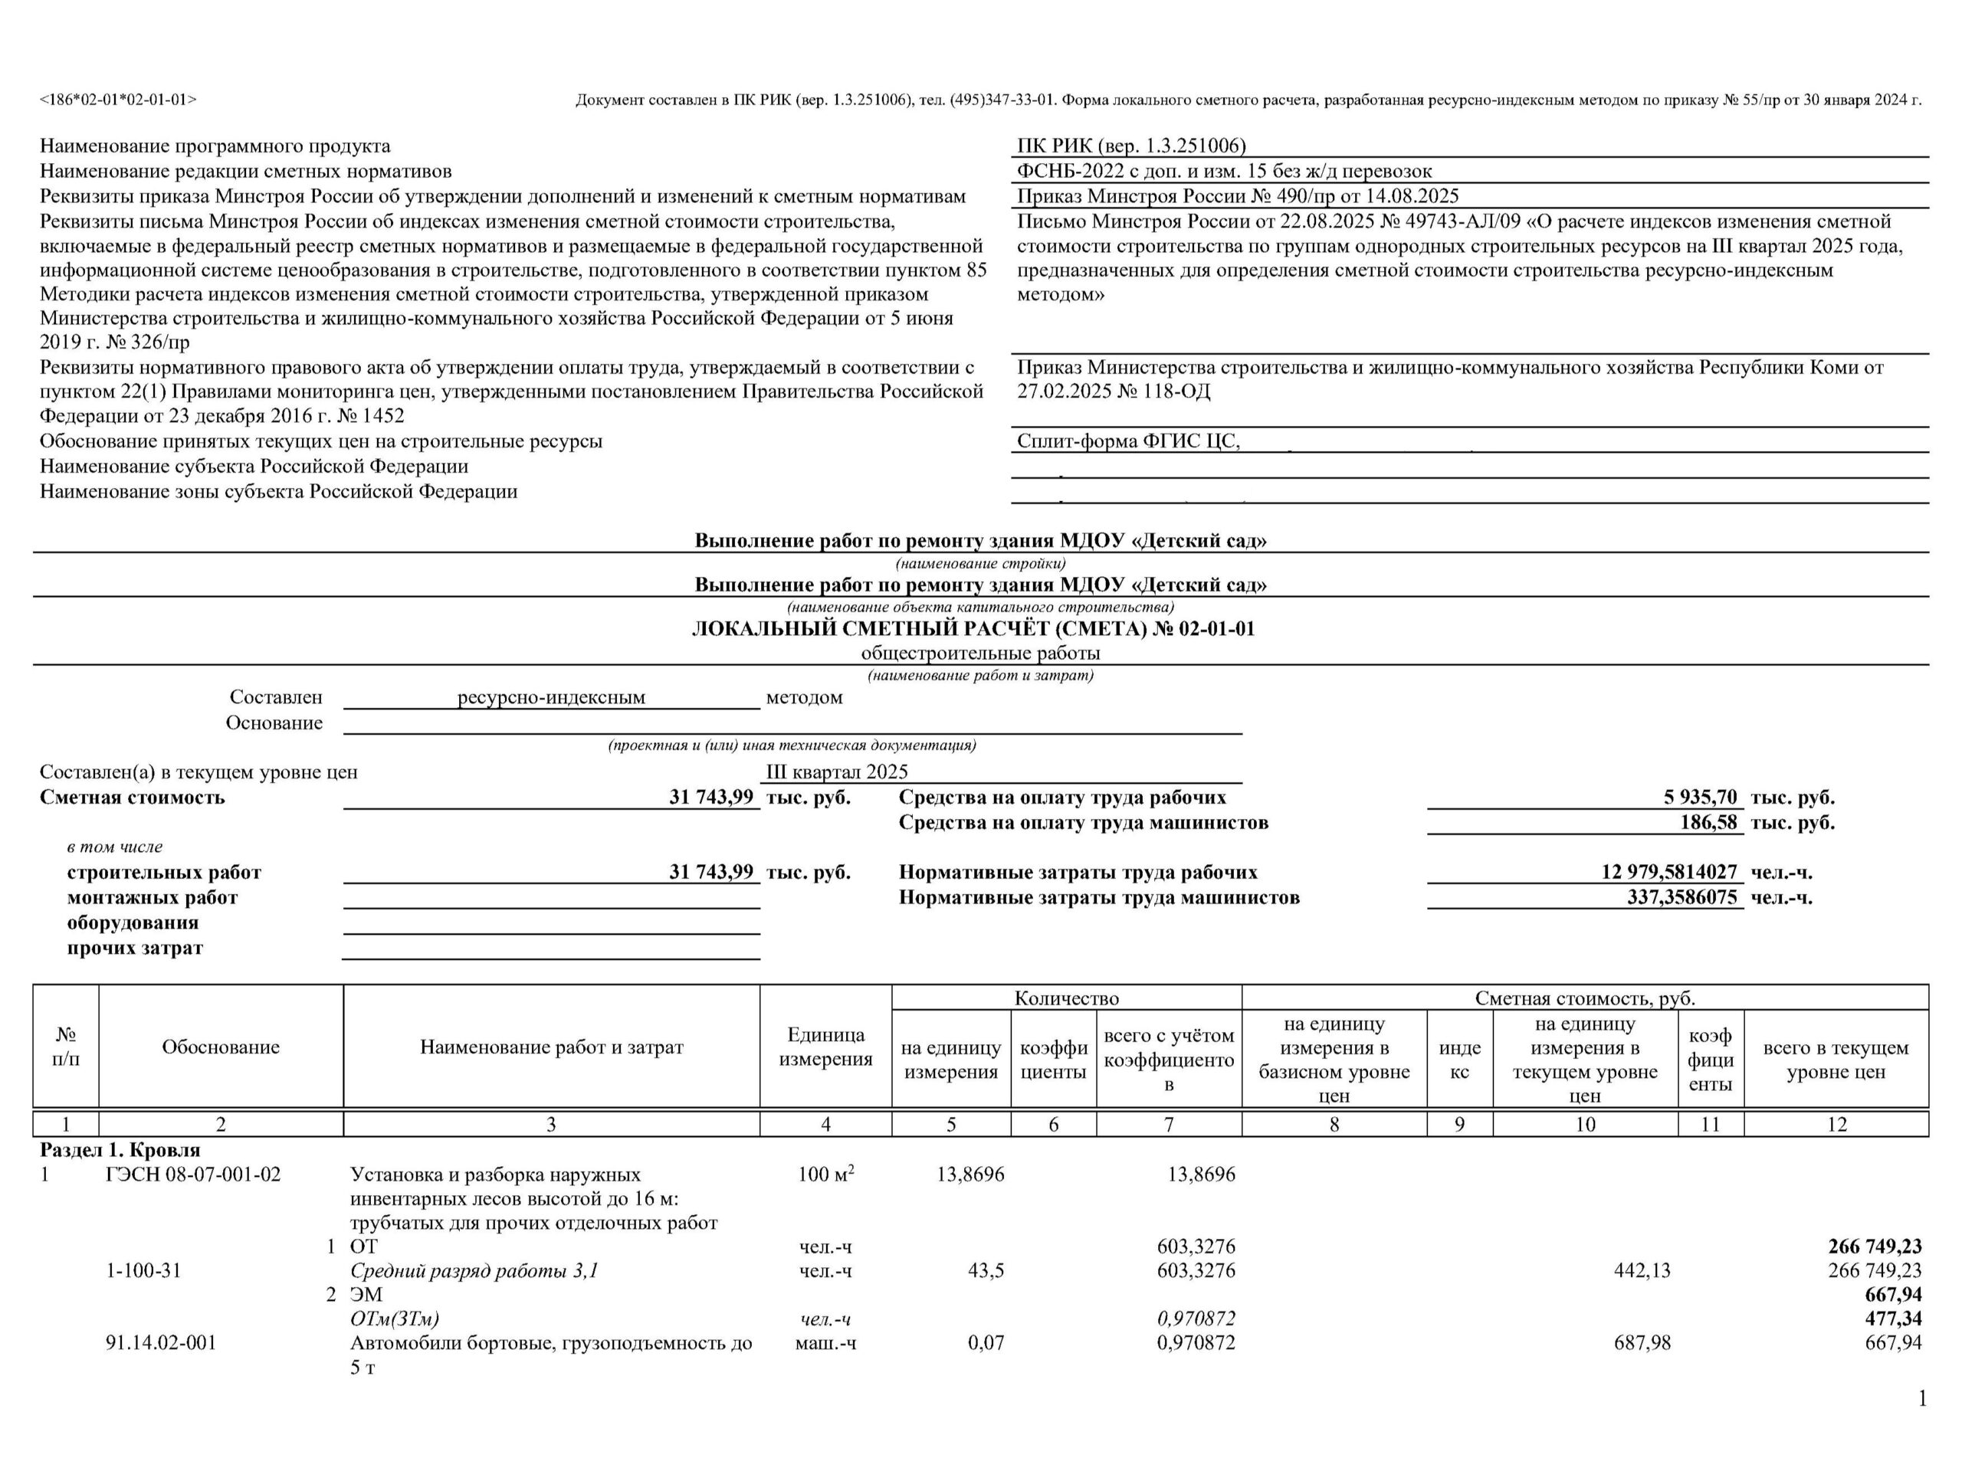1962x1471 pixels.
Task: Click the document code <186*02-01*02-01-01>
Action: (118, 100)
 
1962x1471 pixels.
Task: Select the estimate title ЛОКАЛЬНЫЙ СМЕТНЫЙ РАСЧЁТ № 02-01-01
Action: (973, 630)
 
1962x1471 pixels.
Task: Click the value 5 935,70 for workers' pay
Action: (1699, 797)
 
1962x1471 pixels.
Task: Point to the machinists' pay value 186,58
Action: (1708, 823)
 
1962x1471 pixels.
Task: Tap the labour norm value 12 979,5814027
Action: (1668, 873)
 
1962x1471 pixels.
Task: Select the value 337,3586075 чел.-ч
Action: (1681, 897)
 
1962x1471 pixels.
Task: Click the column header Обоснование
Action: (220, 1047)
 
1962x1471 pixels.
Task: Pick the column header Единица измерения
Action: (825, 1047)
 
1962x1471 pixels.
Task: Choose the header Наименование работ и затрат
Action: (551, 1047)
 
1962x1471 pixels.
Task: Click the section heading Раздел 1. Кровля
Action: (120, 1150)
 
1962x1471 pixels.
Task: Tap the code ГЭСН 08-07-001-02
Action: (192, 1175)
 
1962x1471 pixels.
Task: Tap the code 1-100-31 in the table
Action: (143, 1270)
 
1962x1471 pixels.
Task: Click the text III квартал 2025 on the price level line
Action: (836, 772)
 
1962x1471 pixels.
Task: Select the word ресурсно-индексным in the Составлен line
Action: (551, 698)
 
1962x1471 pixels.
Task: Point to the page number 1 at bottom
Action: (1922, 1399)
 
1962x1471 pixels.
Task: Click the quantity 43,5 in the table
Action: (986, 1270)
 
